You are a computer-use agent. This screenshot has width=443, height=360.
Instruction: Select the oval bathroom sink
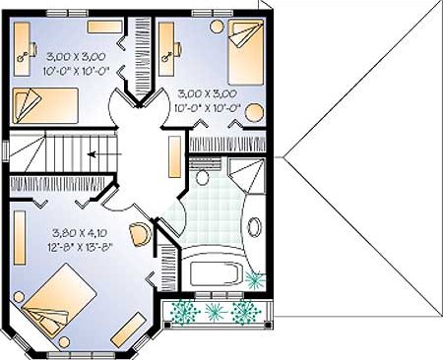(254, 226)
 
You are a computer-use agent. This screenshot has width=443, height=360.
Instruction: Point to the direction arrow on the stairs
(104, 153)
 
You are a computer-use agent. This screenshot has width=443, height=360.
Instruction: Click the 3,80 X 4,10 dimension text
(80, 233)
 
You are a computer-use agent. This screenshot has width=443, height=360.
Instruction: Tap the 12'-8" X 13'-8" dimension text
(81, 246)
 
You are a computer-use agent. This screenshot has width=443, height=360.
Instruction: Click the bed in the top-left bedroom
(45, 106)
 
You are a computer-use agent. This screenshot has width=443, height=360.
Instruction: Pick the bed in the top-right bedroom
(246, 52)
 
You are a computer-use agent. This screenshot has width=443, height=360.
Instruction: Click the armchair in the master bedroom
(141, 234)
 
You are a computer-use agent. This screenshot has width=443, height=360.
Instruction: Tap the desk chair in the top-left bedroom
(33, 49)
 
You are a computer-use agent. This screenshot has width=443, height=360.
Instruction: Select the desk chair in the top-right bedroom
(178, 49)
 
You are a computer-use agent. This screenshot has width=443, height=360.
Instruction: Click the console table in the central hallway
(175, 156)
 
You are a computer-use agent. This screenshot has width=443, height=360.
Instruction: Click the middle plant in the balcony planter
(215, 312)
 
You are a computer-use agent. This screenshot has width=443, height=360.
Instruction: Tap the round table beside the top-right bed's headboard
(217, 26)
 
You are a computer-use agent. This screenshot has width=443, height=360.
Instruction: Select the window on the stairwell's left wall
(6, 150)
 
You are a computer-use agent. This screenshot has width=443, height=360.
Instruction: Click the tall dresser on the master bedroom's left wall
(20, 237)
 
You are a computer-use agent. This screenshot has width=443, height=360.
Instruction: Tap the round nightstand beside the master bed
(19, 297)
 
